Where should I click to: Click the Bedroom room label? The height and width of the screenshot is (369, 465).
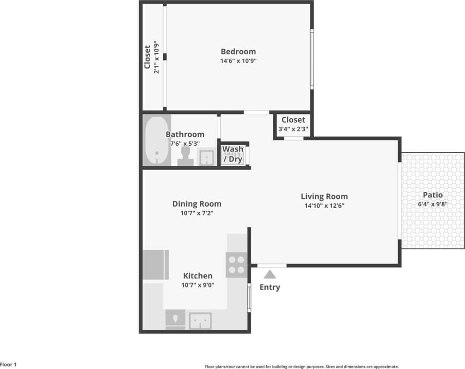click(x=238, y=51)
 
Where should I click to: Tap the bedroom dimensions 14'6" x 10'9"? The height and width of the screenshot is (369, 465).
click(x=238, y=61)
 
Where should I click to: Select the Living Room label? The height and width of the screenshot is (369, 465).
click(x=324, y=196)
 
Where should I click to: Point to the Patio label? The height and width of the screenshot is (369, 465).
click(x=433, y=195)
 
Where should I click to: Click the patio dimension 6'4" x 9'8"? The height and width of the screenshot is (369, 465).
click(x=433, y=204)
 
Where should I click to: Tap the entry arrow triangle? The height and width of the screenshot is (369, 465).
click(x=270, y=274)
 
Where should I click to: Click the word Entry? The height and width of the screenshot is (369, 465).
click(x=270, y=287)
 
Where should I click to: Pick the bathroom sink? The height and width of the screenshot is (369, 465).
click(x=206, y=158)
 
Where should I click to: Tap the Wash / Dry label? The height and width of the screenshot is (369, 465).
click(x=233, y=154)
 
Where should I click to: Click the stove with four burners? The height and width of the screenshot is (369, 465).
click(x=236, y=264)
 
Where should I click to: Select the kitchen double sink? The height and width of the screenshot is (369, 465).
click(x=200, y=321)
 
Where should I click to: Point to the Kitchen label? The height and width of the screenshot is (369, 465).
click(x=197, y=276)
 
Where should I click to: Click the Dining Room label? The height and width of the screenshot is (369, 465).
click(x=196, y=204)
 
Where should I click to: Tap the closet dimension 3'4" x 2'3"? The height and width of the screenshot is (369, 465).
click(x=293, y=130)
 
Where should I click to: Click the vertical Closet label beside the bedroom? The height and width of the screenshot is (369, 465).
click(x=147, y=57)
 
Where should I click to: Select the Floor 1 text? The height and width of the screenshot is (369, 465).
click(x=8, y=365)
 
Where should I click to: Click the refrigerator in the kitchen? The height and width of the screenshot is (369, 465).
click(x=155, y=264)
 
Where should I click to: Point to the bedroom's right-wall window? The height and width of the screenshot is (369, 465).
click(x=312, y=59)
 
